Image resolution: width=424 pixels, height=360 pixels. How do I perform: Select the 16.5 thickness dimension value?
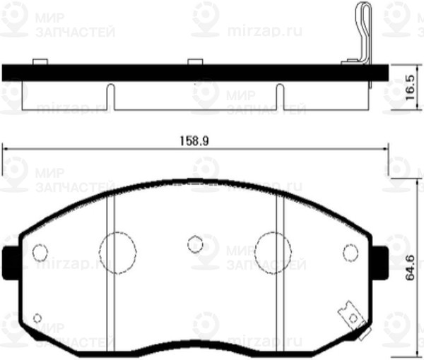coord(409,90)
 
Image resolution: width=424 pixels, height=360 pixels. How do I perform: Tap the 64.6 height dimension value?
coord(409,268)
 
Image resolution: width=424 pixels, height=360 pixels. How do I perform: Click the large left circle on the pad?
coord(117,250)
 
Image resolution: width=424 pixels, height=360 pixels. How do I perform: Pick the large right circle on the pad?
coord(273,250)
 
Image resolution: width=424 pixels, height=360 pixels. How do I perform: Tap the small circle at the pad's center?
coord(195,244)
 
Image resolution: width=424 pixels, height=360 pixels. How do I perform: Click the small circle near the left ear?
coord(40,251)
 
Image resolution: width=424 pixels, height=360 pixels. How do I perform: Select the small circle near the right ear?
coord(350,251)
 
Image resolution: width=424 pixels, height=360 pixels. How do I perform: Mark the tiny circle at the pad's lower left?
coord(37,318)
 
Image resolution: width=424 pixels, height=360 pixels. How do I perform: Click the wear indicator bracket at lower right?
coord(348,313)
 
